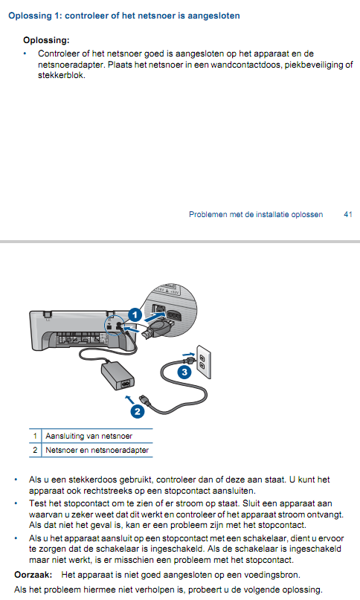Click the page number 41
pyautogui.click(x=348, y=214)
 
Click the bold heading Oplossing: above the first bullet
pyautogui.click(x=46, y=40)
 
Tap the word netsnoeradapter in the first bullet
pyautogui.click(x=71, y=65)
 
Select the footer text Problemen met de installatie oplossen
pyautogui.click(x=256, y=214)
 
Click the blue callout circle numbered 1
pyautogui.click(x=135, y=315)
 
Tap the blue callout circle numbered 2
pyautogui.click(x=138, y=412)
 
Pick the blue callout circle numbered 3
pyautogui.click(x=184, y=372)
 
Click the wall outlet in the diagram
pyautogui.click(x=204, y=362)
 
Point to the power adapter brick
pyautogui.click(x=118, y=376)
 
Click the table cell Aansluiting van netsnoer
pyautogui.click(x=89, y=436)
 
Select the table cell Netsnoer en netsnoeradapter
pyautogui.click(x=97, y=450)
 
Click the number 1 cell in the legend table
pyautogui.click(x=35, y=436)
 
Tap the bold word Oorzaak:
pyautogui.click(x=33, y=575)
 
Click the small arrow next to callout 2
pyautogui.click(x=130, y=400)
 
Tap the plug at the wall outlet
pyautogui.click(x=188, y=360)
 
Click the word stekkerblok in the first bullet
pyautogui.click(x=61, y=75)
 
